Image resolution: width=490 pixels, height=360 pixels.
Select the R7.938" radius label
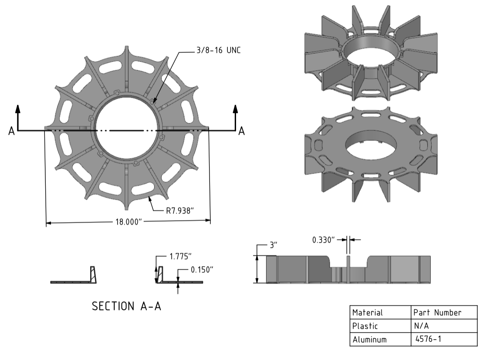179,211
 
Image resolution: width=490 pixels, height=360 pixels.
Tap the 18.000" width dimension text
128,222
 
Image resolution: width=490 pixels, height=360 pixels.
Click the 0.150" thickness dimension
202,270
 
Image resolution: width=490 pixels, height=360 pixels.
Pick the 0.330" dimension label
324,240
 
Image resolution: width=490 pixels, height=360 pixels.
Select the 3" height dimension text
273,245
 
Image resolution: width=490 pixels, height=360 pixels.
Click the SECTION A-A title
126,306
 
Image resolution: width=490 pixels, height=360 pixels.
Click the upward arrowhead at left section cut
18,109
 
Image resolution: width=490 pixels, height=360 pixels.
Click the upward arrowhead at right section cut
236,109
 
